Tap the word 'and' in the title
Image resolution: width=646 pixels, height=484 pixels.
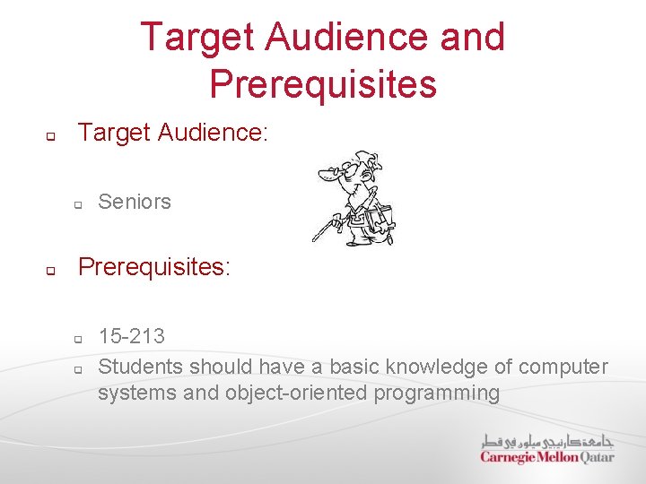473,38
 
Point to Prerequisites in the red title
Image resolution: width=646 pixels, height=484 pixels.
322,83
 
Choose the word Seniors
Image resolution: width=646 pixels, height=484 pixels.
135,202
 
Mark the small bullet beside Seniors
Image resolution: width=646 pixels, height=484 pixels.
78,205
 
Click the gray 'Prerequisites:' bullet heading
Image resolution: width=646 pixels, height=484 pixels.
154,267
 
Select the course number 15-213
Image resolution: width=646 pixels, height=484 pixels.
132,336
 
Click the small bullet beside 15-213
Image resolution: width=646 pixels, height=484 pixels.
78,340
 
